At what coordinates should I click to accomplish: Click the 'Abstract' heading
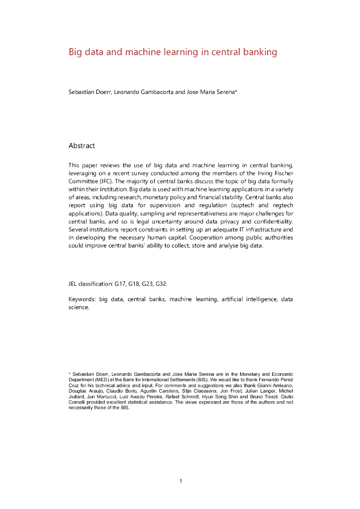click(x=82, y=146)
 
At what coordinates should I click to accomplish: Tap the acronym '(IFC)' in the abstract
click(x=109, y=181)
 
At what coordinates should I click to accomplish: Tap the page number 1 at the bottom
click(x=180, y=481)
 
